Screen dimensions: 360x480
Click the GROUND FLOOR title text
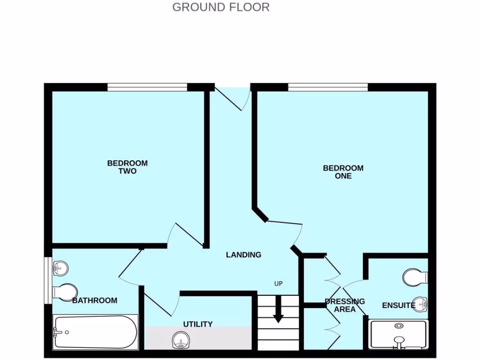coord(221,7)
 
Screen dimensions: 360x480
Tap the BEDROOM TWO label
coord(127,167)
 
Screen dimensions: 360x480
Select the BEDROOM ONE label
coord(343,172)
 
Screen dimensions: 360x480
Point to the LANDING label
coord(243,255)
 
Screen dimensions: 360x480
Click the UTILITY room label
coord(198,324)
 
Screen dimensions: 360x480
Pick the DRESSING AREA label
coord(345,305)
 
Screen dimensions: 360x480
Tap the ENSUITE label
coord(398,306)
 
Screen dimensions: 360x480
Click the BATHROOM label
coord(95,300)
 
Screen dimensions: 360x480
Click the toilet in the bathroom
coord(64,291)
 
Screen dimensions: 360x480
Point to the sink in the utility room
coord(180,341)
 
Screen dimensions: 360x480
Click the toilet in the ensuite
coord(415,277)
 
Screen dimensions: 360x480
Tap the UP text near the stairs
coord(278,284)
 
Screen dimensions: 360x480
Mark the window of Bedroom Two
coord(147,87)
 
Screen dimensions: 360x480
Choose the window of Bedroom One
coord(328,87)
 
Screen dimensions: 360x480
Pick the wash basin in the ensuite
coord(421,304)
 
